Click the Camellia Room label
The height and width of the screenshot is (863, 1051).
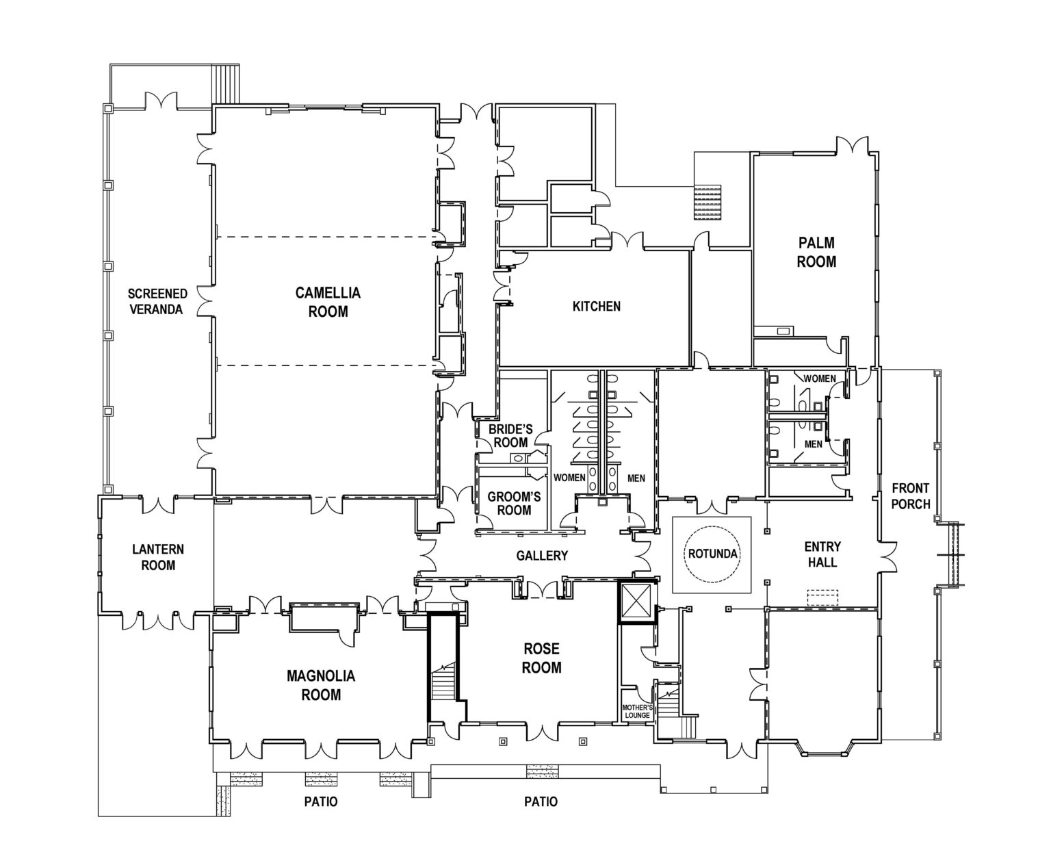click(x=328, y=302)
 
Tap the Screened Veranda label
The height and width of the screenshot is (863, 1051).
click(x=157, y=301)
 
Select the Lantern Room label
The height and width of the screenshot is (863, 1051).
click(x=158, y=557)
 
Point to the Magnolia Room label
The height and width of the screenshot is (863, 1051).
click(x=321, y=685)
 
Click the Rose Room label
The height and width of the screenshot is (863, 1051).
click(x=541, y=657)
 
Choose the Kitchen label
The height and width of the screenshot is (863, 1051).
click(x=596, y=306)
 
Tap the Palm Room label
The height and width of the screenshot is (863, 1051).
click(x=816, y=252)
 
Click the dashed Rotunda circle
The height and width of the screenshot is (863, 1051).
click(x=712, y=553)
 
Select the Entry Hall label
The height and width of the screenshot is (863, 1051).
click(x=822, y=554)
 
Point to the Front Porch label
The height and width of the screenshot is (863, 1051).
click(x=910, y=496)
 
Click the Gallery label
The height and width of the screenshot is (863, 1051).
click(x=542, y=555)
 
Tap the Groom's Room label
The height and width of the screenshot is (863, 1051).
click(x=514, y=503)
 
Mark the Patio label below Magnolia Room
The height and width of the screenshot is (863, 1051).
click(x=321, y=801)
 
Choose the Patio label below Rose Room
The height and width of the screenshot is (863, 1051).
click(x=541, y=801)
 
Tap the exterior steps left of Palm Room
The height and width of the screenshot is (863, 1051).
click(x=708, y=202)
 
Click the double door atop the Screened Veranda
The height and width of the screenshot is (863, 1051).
click(x=161, y=101)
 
